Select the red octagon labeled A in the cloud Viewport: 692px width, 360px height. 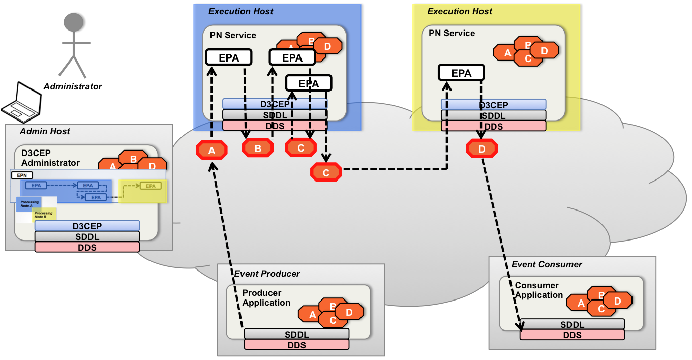point(212,150)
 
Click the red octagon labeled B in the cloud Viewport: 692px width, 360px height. point(258,148)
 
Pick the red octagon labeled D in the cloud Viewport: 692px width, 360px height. point(482,148)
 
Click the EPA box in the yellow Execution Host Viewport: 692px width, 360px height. point(461,73)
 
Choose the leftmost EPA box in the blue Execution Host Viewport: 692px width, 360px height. point(229,57)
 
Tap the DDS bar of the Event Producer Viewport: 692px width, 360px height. point(296,345)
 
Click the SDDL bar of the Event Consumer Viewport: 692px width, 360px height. point(572,325)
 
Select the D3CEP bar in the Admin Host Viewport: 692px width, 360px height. point(87,225)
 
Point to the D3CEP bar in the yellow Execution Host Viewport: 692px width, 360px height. point(493,105)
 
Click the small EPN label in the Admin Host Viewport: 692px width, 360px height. point(22,175)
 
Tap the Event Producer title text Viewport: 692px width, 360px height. point(267,274)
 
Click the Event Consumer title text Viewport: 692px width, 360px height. point(547,264)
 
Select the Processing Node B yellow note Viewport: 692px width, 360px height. point(44,215)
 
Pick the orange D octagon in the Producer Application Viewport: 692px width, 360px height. point(349,312)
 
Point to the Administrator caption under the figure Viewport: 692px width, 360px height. point(73,86)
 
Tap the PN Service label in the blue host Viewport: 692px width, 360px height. point(233,35)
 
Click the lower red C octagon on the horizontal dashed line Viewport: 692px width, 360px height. point(326,173)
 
